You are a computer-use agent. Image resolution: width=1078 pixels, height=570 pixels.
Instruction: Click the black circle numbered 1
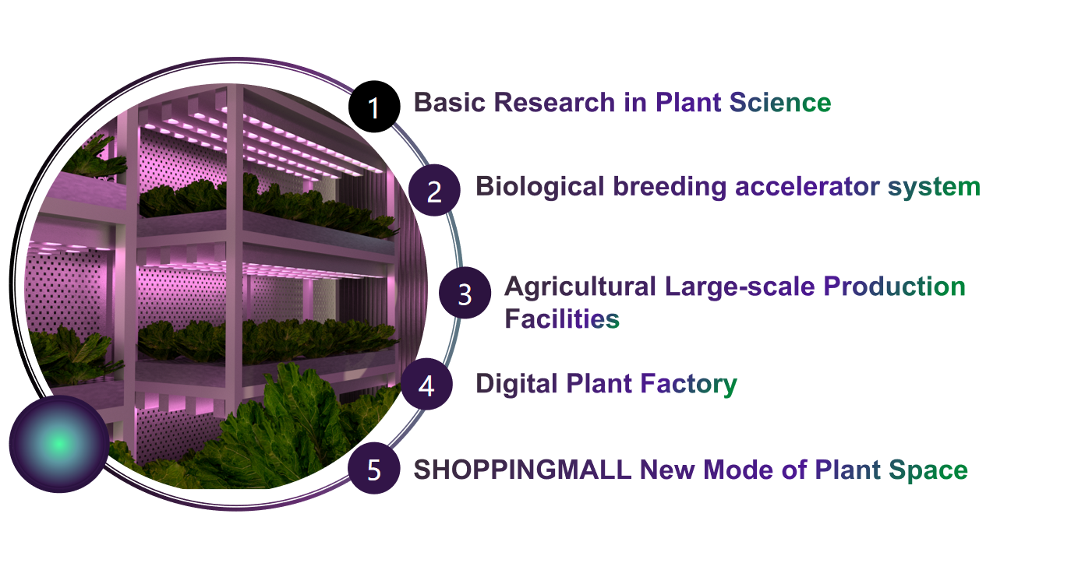pos(374,107)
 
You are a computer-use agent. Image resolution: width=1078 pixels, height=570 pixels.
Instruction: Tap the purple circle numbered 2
pos(434,190)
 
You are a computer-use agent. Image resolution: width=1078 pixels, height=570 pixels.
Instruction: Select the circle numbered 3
pos(465,293)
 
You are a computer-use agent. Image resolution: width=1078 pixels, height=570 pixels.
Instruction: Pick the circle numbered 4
pos(426,384)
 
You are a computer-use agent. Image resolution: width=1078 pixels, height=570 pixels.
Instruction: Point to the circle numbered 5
pos(374,468)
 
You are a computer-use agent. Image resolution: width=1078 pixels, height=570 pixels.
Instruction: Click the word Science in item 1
pos(780,102)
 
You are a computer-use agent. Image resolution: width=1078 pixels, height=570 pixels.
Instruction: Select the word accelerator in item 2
pos(807,186)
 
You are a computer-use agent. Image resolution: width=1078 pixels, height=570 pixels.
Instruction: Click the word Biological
pos(539,186)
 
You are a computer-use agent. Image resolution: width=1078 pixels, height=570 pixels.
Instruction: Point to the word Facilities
pos(562,318)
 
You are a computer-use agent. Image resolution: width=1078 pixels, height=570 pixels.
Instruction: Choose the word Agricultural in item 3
pos(580,287)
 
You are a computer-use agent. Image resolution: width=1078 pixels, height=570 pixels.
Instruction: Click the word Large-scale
pos(740,287)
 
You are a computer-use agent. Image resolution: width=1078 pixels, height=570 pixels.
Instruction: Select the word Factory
pos(688,384)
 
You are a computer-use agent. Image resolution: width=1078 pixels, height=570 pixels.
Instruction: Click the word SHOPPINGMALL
pos(522,470)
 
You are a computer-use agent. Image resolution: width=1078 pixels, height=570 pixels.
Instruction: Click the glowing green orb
pos(58,444)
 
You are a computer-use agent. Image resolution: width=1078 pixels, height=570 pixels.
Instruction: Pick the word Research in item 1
pos(554,102)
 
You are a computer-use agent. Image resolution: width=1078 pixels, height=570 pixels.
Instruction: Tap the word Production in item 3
pos(895,287)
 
